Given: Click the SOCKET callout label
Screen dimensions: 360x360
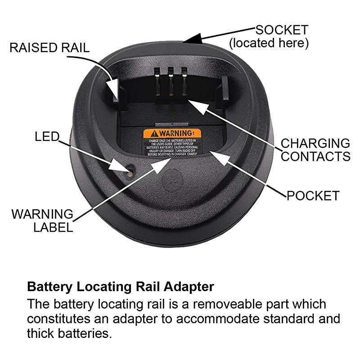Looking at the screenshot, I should click(282, 30).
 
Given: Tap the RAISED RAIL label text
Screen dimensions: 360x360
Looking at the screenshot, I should click(49, 48).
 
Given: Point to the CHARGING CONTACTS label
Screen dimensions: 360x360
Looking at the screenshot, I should click(315, 150).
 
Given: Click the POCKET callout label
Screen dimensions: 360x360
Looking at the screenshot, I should click(313, 196).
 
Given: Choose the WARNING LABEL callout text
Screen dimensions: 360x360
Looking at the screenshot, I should click(42, 220).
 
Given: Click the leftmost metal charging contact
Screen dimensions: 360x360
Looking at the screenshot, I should click(158, 81).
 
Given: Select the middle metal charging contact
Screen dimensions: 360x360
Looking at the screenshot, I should click(171, 81).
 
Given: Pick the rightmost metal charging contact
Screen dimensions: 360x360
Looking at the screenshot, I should click(184, 81).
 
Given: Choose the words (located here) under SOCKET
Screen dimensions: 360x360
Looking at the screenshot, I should click(269, 43).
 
